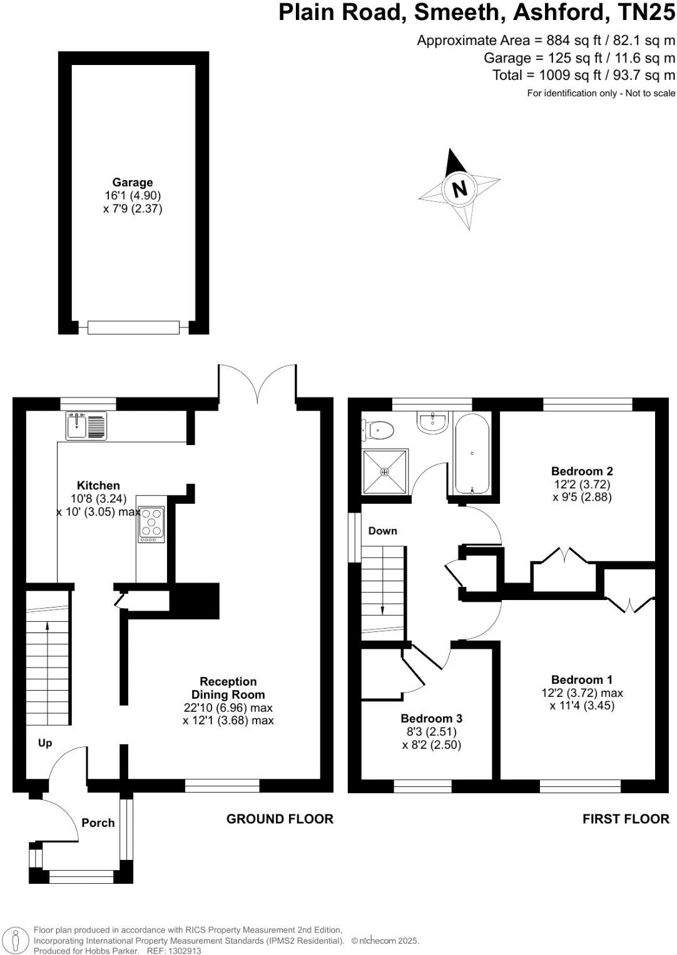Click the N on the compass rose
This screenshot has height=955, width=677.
460,187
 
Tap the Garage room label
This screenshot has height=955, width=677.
133,182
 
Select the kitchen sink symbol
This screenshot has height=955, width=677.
86,426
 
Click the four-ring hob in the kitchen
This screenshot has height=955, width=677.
151,524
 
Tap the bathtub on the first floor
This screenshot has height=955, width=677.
472,454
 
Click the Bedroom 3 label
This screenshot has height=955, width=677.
431,719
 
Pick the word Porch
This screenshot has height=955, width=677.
98,823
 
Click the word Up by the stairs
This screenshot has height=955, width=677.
45,743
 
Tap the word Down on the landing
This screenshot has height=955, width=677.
382,531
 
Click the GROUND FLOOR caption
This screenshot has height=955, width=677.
280,819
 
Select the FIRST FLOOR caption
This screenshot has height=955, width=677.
626,819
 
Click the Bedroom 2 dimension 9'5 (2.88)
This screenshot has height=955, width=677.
582,497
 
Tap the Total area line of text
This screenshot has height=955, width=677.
584,76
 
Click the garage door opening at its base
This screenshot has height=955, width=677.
133,327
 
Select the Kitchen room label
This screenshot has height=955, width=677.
98,486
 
